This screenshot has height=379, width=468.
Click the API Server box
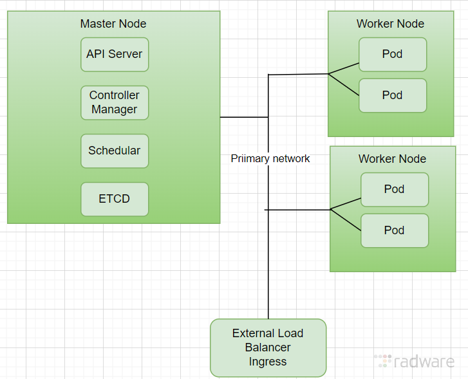(115, 54)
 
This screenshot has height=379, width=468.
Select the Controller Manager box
(115, 102)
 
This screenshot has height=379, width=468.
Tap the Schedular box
(115, 151)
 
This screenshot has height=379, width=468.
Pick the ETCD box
(115, 199)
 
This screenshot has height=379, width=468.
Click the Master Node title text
(113, 24)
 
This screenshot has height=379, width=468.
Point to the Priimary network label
(270, 158)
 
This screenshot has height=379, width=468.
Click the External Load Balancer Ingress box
(268, 347)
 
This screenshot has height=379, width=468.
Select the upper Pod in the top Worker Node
(392, 54)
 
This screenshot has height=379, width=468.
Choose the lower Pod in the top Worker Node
(392, 95)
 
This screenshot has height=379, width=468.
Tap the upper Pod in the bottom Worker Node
(394, 189)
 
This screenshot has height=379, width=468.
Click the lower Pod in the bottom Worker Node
(394, 230)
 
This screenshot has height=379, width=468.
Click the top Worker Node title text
(390, 24)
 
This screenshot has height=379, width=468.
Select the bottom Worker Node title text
(392, 159)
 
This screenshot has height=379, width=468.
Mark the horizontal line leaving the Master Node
(243, 117)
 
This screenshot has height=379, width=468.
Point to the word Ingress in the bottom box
(268, 362)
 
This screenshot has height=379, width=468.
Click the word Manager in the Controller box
(115, 109)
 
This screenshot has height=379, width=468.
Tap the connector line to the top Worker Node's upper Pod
(344, 68)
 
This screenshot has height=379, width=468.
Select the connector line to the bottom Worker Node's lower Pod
(345, 220)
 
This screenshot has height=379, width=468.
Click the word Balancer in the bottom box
(268, 347)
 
